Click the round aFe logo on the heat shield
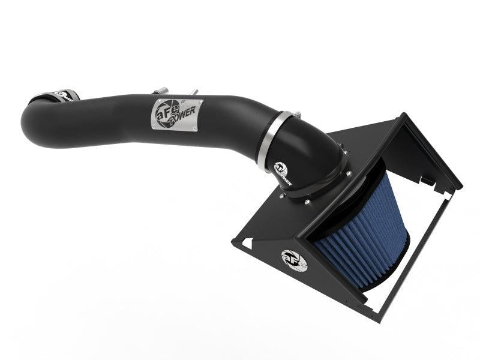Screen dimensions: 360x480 click(294, 259)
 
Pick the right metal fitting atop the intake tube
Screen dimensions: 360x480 click(194, 92)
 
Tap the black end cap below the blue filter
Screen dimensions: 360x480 click(384, 273)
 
